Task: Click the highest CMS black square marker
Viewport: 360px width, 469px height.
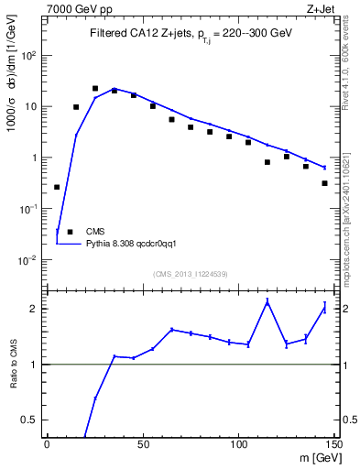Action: coord(95,89)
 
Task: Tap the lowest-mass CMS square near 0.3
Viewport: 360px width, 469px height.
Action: coord(57,187)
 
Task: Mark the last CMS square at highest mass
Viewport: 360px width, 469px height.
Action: coord(325,183)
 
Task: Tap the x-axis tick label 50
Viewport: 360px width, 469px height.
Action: coord(142,445)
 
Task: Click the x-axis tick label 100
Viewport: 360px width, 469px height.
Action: coord(238,445)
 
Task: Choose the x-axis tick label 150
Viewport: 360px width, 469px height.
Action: coord(333,445)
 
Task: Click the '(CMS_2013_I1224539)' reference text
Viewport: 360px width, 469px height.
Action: coord(190,273)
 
